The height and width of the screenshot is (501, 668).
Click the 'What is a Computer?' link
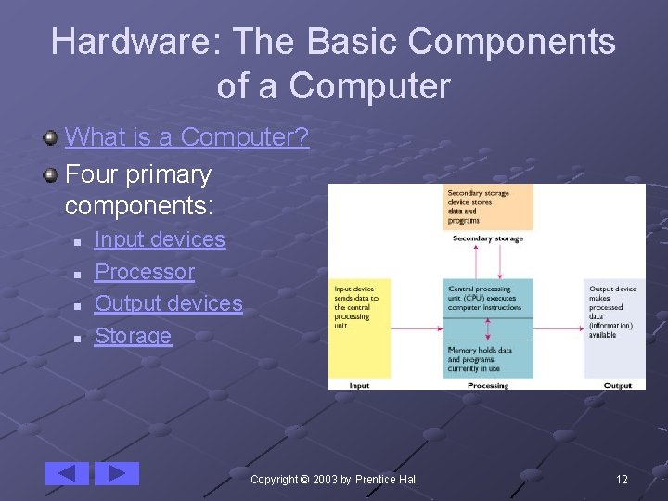click(186, 137)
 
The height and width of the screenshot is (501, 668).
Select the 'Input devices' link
click(160, 239)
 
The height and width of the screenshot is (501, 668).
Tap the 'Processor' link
click(145, 272)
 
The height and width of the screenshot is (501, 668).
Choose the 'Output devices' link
click(168, 303)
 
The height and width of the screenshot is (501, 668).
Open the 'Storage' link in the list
click(133, 336)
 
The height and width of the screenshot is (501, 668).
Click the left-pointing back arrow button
click(67, 473)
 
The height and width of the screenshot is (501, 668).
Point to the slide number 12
click(622, 480)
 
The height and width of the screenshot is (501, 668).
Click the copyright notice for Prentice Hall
click(334, 480)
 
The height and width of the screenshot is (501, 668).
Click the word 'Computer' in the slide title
click(369, 86)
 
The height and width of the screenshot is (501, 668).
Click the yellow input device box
click(361, 327)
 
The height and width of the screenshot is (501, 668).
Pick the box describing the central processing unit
click(489, 299)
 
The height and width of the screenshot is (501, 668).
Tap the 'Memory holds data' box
click(489, 358)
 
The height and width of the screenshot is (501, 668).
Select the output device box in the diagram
click(614, 327)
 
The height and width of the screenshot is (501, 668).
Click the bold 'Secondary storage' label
click(487, 238)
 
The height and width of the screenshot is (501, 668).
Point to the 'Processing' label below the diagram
click(488, 385)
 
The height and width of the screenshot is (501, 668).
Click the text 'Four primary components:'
click(138, 188)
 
